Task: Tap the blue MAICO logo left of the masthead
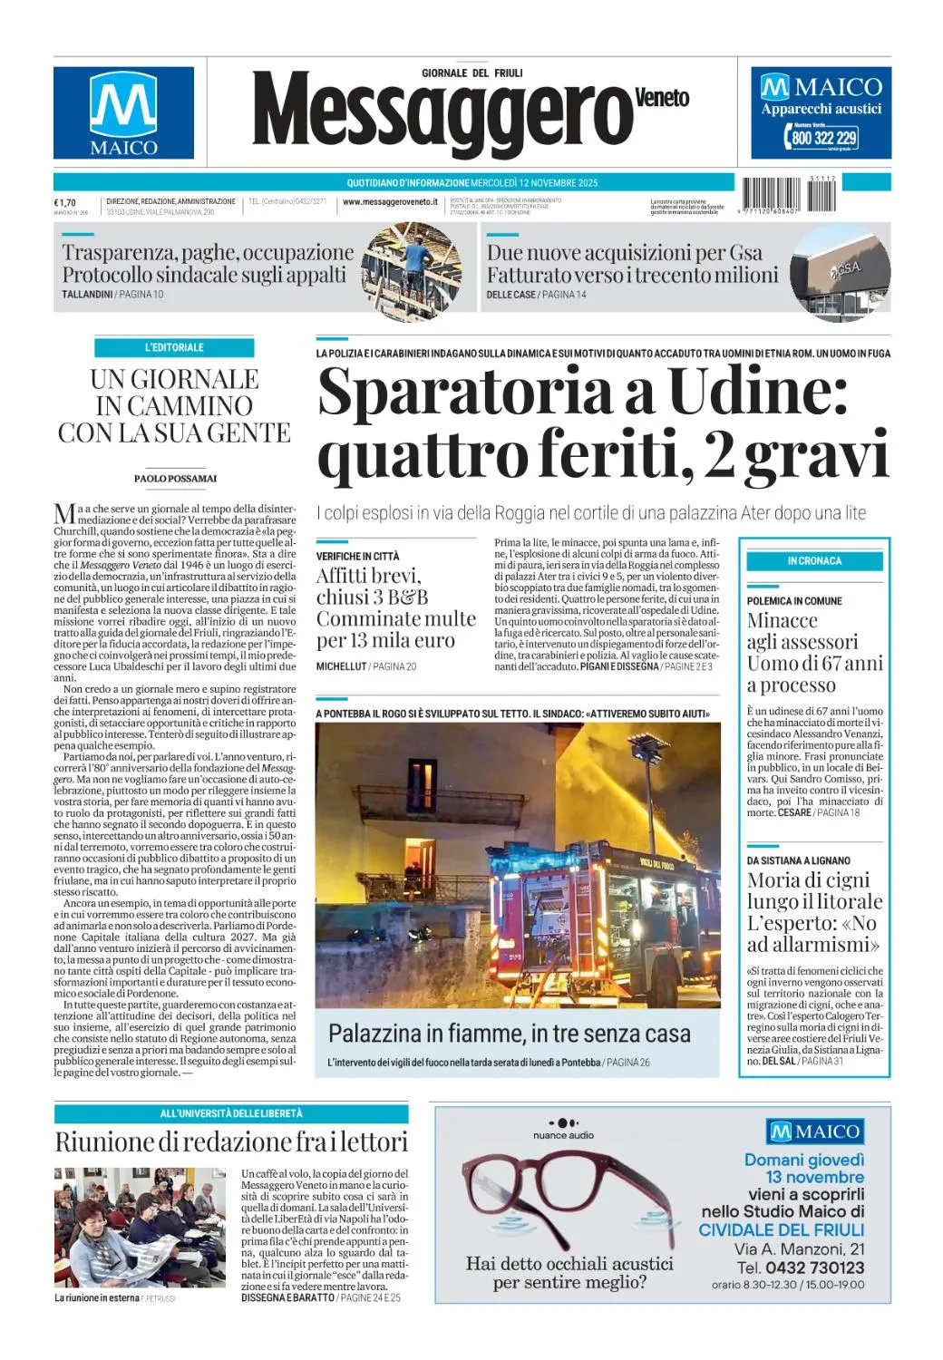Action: tap(123, 113)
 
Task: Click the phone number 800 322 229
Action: tap(823, 138)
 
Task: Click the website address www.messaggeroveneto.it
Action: tap(390, 202)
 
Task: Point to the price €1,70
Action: tap(64, 202)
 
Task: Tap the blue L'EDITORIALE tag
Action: tap(174, 347)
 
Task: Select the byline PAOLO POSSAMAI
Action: tap(175, 478)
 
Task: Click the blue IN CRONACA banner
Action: tap(814, 561)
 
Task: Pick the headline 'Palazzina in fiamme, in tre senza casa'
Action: tap(509, 1034)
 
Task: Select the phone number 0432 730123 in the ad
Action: tap(812, 1268)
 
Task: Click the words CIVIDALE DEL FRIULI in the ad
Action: tap(781, 1229)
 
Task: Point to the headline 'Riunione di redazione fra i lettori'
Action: tap(231, 1141)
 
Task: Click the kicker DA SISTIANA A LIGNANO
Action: tap(798, 860)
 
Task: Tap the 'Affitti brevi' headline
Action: tap(368, 576)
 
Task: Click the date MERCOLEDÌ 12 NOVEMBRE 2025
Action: tap(534, 182)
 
